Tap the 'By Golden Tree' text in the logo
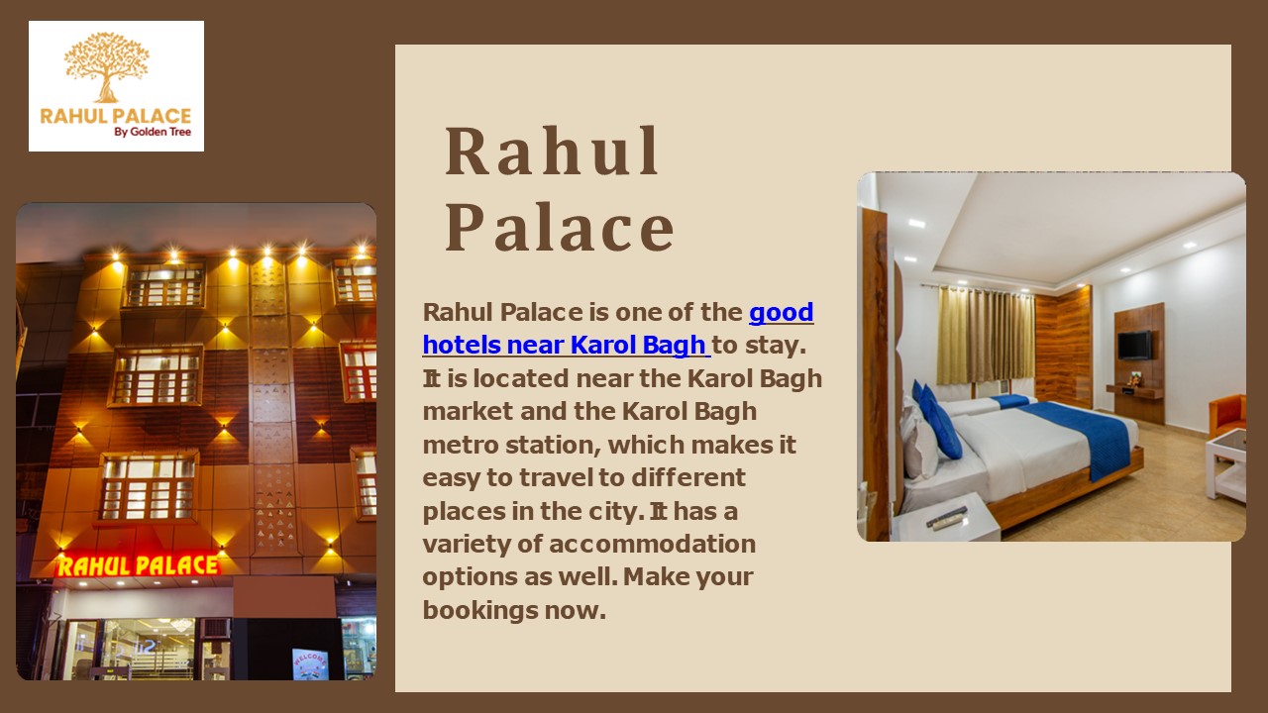[x=153, y=132]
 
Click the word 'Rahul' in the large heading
[x=552, y=153]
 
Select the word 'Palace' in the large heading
[x=560, y=228]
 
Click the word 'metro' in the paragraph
[x=457, y=444]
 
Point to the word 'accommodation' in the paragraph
[x=652, y=544]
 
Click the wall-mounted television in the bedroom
[x=1134, y=346]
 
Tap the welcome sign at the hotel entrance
[x=309, y=663]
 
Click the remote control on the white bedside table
[x=946, y=517]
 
